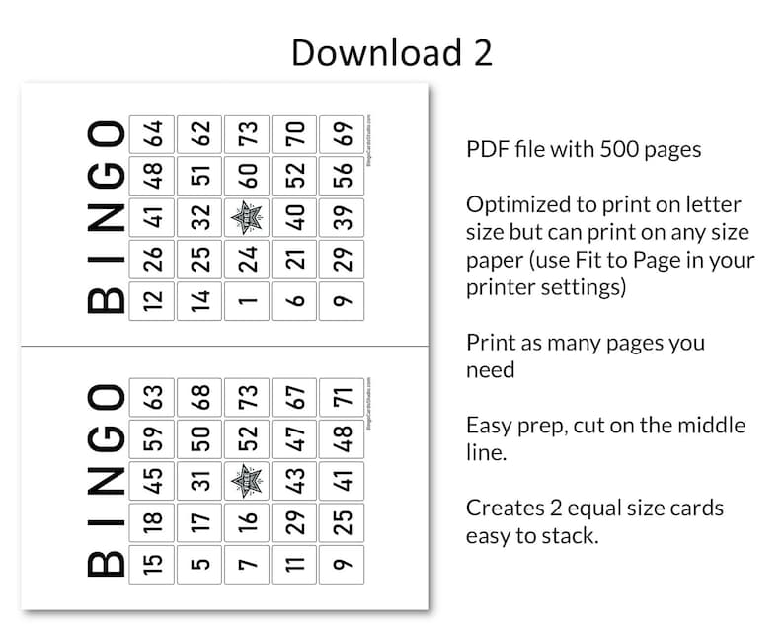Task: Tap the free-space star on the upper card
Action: [247, 217]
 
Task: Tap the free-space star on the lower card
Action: [247, 481]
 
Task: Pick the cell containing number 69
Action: [343, 133]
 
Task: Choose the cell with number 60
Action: [247, 176]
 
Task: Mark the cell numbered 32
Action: [200, 217]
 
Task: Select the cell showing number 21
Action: [295, 259]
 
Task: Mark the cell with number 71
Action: [343, 397]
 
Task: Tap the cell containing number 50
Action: [200, 438]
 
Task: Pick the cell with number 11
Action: [295, 563]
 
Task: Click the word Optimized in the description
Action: [516, 205]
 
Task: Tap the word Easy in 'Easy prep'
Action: [488, 426]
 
